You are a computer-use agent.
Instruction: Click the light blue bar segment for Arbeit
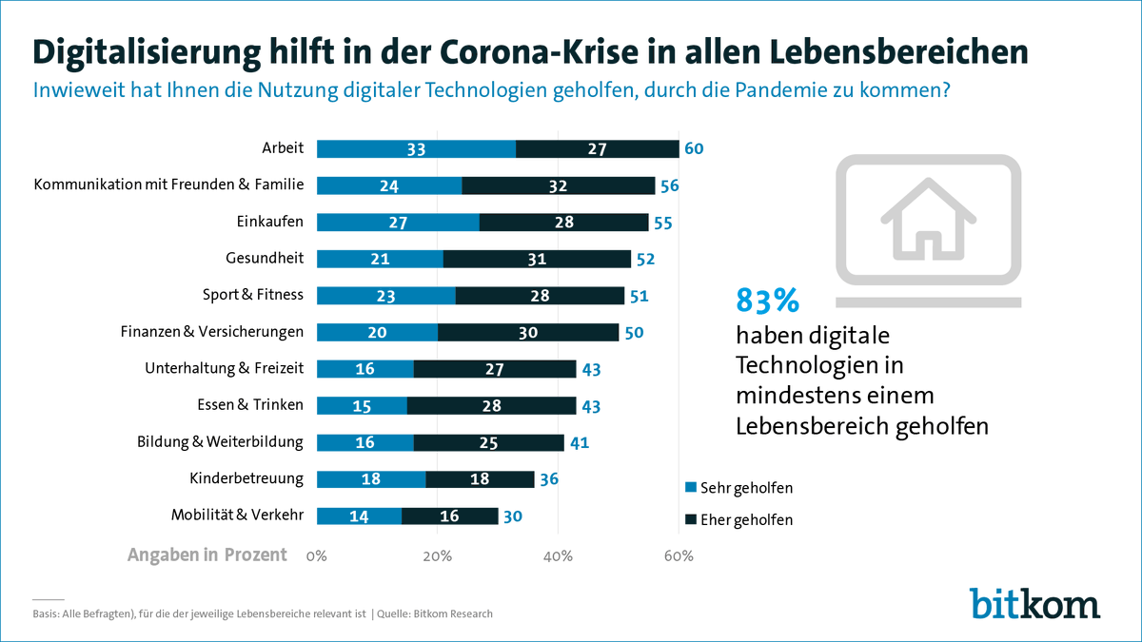coord(416,148)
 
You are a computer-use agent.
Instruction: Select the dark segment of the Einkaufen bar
coord(563,222)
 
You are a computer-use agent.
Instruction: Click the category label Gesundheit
coord(265,258)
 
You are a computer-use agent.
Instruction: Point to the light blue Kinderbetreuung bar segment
coord(371,478)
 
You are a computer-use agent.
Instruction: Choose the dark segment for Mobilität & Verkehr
coord(449,516)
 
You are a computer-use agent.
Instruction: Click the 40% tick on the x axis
coord(558,555)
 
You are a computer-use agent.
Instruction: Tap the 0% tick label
coord(317,555)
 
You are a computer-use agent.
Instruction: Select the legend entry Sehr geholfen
coord(738,488)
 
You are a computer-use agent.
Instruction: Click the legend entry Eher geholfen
coord(738,520)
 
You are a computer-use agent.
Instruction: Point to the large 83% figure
coord(767,301)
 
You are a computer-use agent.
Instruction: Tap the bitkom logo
coord(1034,603)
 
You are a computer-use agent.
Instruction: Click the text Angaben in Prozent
coord(207,555)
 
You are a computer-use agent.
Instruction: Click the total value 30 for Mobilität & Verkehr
coord(513,516)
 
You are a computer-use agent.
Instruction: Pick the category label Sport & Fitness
coord(253,295)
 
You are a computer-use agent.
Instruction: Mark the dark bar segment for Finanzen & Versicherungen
coord(528,332)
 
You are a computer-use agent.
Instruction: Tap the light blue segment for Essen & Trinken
coord(362,405)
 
